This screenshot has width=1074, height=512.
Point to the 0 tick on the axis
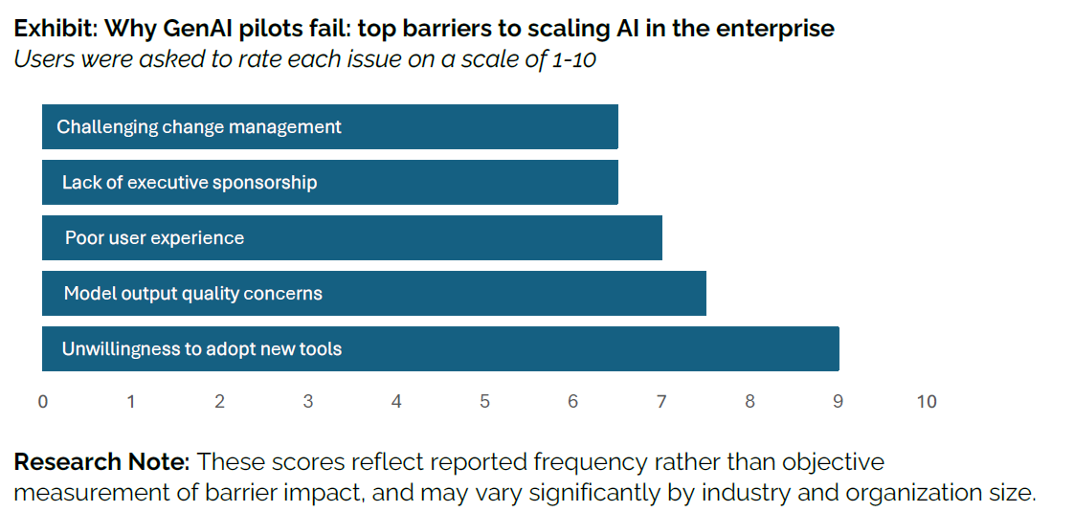point(42,402)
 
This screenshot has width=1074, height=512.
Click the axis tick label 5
point(484,402)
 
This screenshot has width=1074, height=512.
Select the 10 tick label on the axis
point(926,402)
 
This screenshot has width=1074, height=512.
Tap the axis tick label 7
point(661,402)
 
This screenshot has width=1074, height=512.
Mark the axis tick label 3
point(308,402)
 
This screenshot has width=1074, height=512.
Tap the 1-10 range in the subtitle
point(574,57)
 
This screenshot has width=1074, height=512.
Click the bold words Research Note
point(101,462)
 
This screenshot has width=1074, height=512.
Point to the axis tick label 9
point(838,402)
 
